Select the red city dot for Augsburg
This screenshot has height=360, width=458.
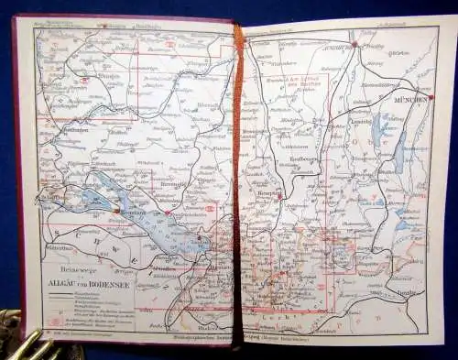[354, 43]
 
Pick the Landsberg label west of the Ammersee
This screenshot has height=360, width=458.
[355, 119]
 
